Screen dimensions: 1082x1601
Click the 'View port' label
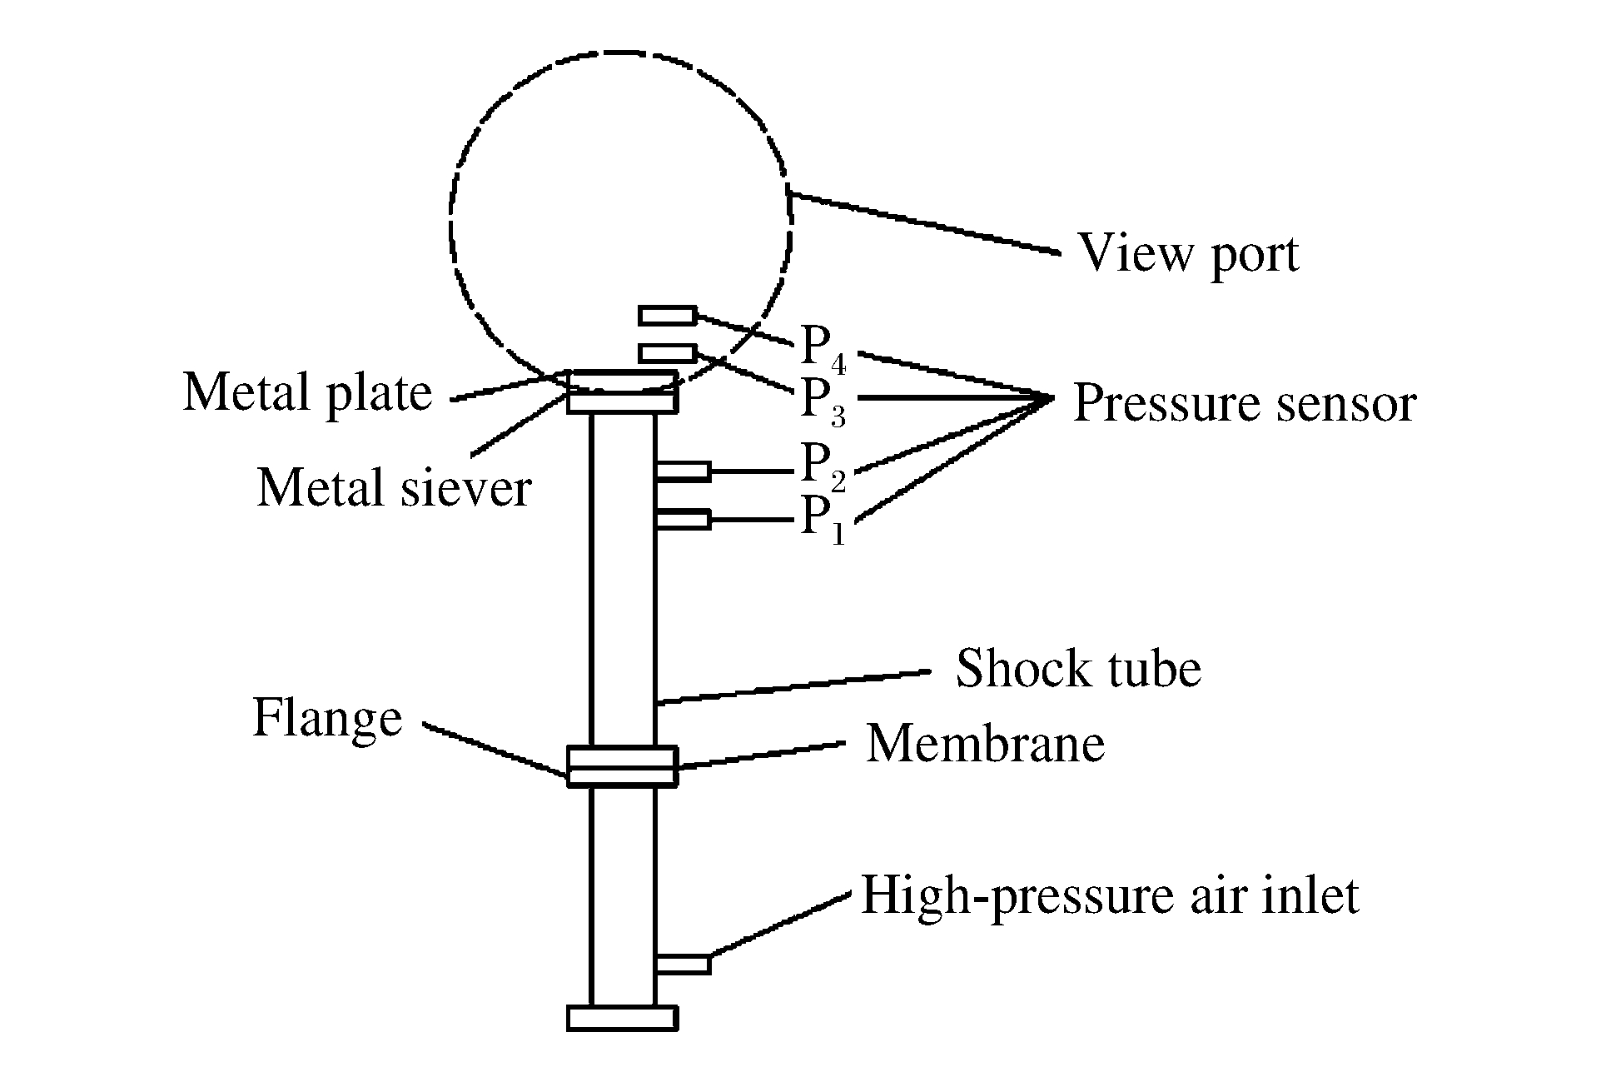click(1188, 253)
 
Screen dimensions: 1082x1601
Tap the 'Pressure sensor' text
click(1244, 403)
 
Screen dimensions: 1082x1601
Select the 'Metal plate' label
click(307, 392)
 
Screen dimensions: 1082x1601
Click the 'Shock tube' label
click(1078, 668)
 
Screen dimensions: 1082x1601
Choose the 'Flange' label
click(327, 717)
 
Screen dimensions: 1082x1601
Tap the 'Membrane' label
click(986, 743)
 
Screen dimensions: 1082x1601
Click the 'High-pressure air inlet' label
click(1109, 896)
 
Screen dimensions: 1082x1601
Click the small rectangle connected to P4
click(667, 316)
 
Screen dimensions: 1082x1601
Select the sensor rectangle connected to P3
click(667, 353)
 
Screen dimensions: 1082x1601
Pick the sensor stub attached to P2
click(683, 471)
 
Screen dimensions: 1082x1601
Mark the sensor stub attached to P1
click(683, 520)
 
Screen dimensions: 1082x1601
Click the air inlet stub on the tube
click(683, 965)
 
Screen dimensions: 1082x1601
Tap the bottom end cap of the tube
click(622, 1018)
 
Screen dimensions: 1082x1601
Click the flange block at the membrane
click(622, 766)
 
